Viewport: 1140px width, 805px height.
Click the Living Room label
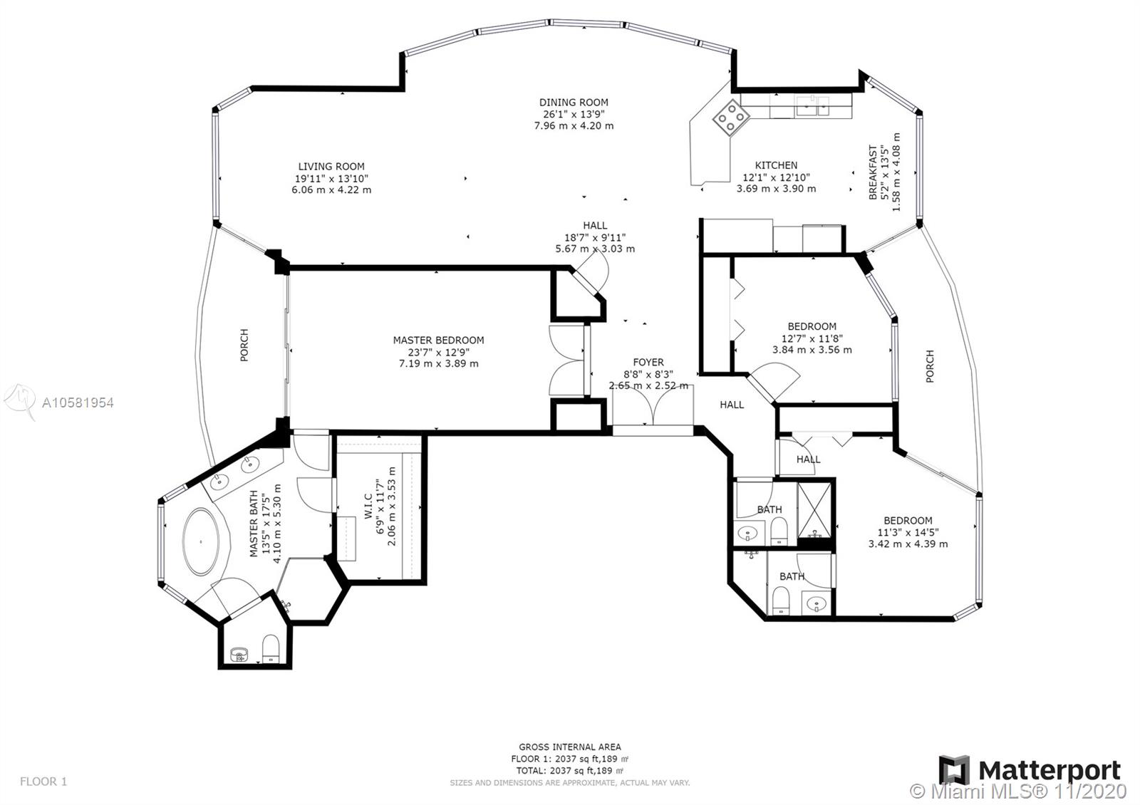pos(331,167)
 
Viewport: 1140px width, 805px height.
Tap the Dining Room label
pos(574,103)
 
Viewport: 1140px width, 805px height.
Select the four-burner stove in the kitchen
pos(731,118)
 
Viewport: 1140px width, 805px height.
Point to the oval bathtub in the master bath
pos(201,541)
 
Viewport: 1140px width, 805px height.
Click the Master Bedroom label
pos(438,340)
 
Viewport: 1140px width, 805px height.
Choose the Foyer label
pos(648,362)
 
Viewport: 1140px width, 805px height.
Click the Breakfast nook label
pos(873,172)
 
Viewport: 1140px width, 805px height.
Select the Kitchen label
pos(776,165)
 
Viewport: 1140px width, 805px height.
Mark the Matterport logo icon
pos(954,770)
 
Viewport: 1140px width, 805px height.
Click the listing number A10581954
pos(78,403)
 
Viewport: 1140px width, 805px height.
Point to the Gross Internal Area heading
pos(570,747)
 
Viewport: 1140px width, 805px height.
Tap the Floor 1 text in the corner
pos(43,781)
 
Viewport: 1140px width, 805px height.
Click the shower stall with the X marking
pos(814,510)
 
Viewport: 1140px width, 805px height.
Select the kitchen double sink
pos(812,106)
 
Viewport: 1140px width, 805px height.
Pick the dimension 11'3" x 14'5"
pos(908,532)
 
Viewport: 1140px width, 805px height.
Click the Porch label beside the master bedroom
pos(244,345)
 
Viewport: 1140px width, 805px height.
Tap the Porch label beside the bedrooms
pos(930,366)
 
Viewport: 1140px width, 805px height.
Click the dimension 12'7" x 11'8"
pos(812,338)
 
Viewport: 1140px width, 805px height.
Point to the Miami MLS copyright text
pos(1018,791)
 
